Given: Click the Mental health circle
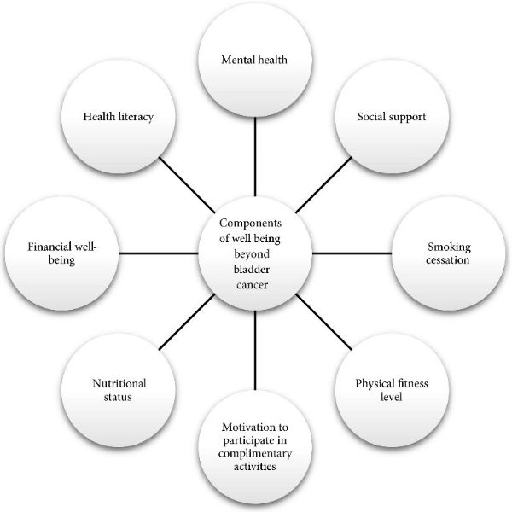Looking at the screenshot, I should click(255, 62).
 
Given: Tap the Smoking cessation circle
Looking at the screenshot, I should click(449, 253).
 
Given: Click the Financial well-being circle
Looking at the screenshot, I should click(61, 253).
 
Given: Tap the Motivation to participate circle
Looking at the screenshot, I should click(255, 449).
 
